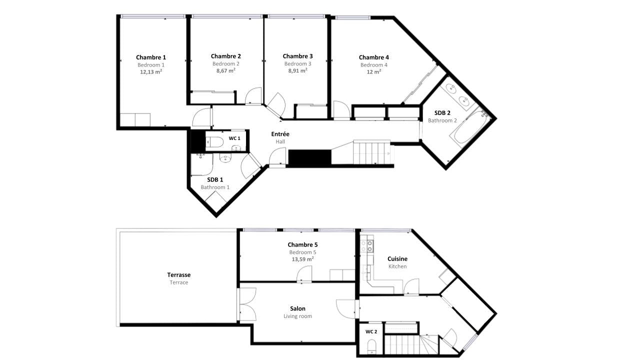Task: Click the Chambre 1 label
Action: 151,57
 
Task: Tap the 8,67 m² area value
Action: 225,70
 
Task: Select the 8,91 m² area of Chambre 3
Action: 297,70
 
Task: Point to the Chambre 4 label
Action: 373,57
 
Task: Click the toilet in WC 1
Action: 214,141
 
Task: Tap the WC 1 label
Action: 234,138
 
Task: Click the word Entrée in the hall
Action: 280,134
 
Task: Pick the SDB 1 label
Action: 215,179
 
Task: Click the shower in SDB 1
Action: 201,164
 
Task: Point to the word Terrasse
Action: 179,275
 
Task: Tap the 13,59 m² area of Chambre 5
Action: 302,259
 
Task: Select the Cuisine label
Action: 397,259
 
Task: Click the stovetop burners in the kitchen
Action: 367,246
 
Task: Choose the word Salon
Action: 297,308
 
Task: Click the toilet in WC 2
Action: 371,345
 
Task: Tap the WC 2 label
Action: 371,331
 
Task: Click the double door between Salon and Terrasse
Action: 247,304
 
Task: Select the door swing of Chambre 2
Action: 253,95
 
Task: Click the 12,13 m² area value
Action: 151,71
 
